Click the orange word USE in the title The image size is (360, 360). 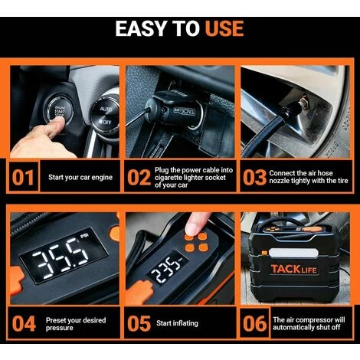[x=224, y=28]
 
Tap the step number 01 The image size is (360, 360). [x=23, y=178]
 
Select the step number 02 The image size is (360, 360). [x=139, y=178]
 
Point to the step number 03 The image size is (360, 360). [x=254, y=178]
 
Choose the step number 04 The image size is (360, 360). [x=24, y=323]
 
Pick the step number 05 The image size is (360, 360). [x=139, y=323]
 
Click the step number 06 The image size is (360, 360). [x=254, y=323]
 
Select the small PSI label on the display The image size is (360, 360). [x=84, y=236]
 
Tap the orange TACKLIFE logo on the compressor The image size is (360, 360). [x=293, y=269]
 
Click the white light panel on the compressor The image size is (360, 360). [x=293, y=254]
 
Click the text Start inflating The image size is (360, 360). [x=177, y=323]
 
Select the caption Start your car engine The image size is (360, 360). [x=80, y=177]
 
